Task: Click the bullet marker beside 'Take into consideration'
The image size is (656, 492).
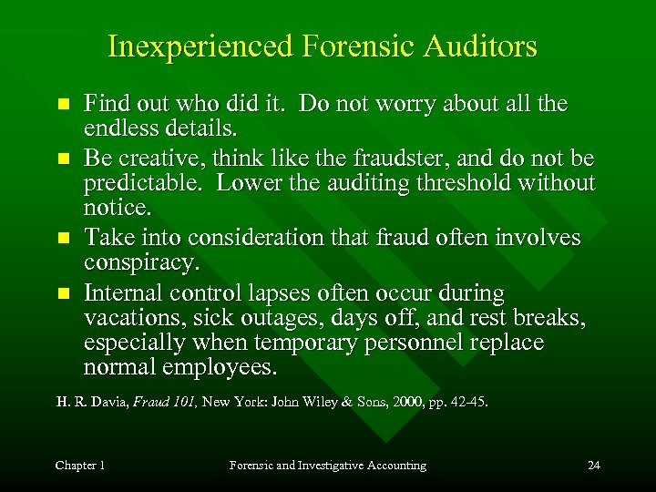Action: [x=62, y=239]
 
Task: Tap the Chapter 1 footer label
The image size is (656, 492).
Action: [x=80, y=466]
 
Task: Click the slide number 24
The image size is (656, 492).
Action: [x=593, y=466]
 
